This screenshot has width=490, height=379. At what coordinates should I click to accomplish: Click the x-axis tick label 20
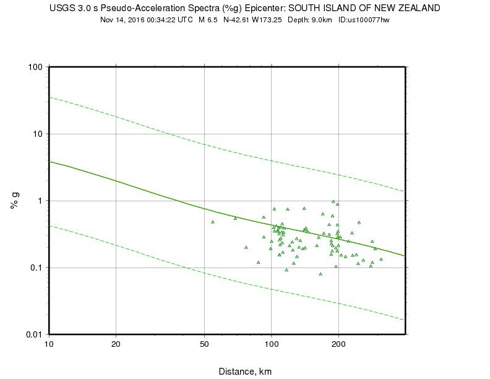pyautogui.click(x=116, y=344)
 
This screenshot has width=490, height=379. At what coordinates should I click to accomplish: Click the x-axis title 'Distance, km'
pyautogui.click(x=245, y=372)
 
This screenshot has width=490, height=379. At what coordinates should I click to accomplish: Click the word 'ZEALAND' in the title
pyautogui.click(x=418, y=8)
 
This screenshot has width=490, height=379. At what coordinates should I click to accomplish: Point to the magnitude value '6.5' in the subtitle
pyautogui.click(x=212, y=20)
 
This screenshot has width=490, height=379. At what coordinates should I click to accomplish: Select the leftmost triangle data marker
pyautogui.click(x=212, y=222)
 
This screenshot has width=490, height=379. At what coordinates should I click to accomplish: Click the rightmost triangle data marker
pyautogui.click(x=381, y=259)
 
